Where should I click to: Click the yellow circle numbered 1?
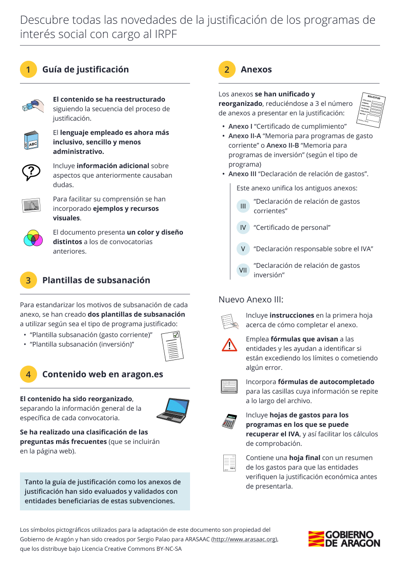click(x=29, y=69)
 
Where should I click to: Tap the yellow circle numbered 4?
click(x=29, y=374)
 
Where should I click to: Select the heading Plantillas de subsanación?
click(x=96, y=280)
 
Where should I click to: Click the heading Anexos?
click(x=256, y=69)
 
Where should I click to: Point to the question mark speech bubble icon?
click(x=33, y=171)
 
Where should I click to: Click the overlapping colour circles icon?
click(x=33, y=238)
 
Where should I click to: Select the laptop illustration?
click(x=173, y=409)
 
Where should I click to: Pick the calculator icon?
click(x=229, y=421)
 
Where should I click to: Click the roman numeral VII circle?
click(x=243, y=270)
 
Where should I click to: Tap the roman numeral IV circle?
click(x=243, y=227)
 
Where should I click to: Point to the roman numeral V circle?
click(x=243, y=249)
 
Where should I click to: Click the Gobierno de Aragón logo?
click(x=344, y=539)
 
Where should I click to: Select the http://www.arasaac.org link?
click(x=245, y=539)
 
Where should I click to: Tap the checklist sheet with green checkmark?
click(x=172, y=346)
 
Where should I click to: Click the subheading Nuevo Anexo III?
click(x=251, y=300)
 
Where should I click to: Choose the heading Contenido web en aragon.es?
click(x=103, y=374)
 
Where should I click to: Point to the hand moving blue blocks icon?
click(x=33, y=106)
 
